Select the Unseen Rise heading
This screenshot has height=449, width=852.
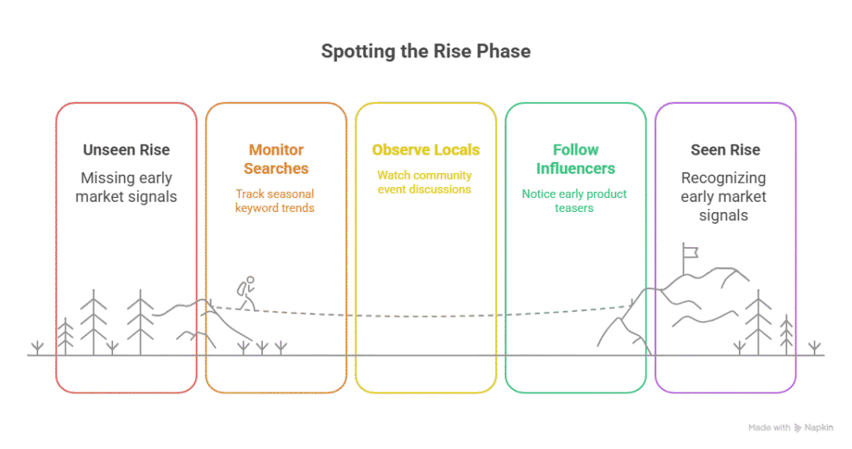[126, 150]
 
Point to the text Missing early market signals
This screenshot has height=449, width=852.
[126, 187]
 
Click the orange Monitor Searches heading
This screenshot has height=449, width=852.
[275, 159]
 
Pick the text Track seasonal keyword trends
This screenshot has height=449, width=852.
[275, 200]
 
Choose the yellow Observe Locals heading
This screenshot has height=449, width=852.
[425, 150]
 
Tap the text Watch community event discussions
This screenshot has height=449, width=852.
[425, 182]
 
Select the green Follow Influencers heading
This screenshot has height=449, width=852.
[575, 159]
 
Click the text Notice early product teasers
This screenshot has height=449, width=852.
[575, 200]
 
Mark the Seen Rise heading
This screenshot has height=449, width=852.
[725, 150]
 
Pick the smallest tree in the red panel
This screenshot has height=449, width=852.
[67, 337]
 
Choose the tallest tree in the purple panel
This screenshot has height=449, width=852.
[758, 322]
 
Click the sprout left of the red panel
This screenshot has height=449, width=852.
[37, 348]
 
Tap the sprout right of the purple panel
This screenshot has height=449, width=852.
[815, 348]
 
